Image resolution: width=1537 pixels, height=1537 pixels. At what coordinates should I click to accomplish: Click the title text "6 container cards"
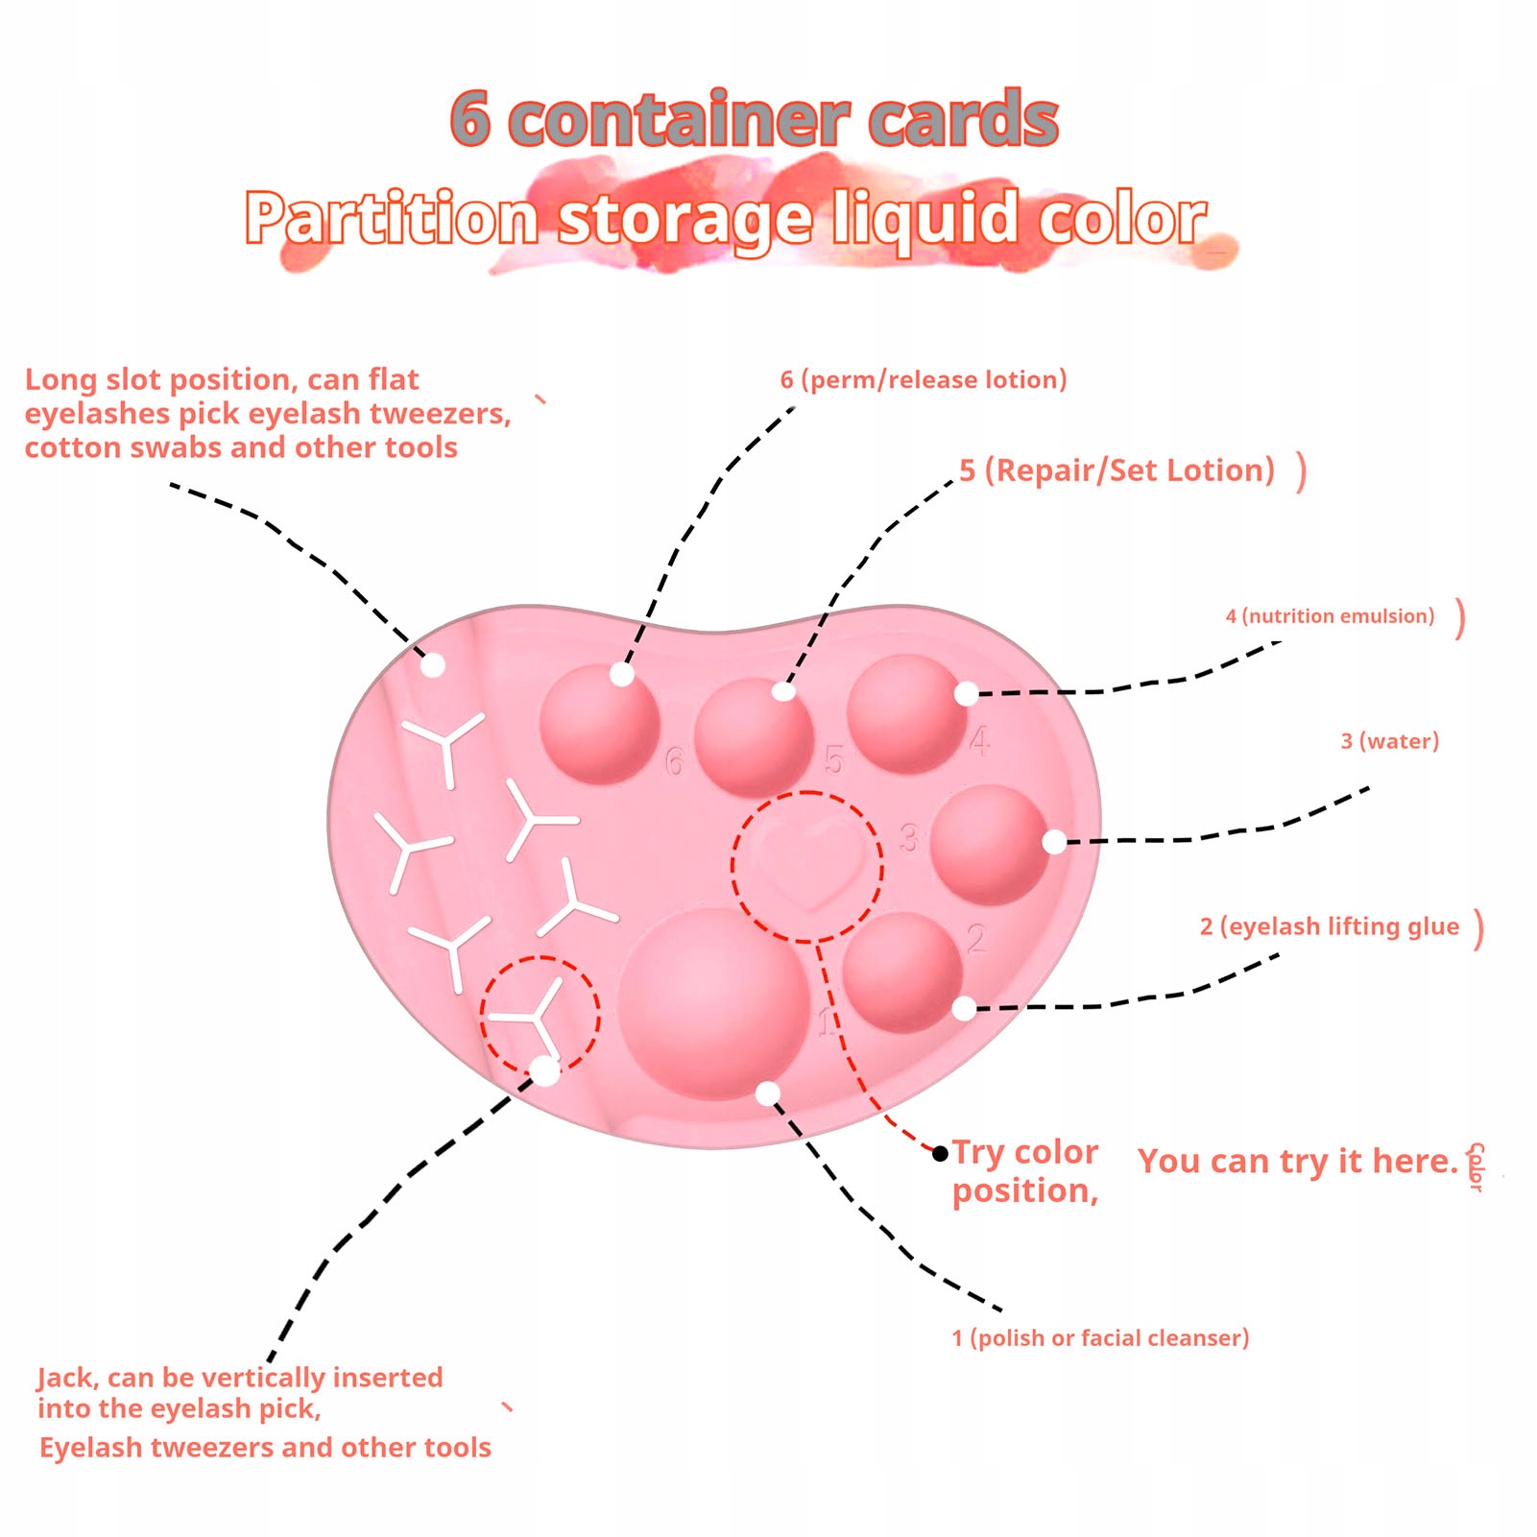755,119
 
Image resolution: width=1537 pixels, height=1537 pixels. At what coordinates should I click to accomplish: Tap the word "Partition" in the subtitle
391,218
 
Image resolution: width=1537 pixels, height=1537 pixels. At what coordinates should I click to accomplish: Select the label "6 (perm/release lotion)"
924,380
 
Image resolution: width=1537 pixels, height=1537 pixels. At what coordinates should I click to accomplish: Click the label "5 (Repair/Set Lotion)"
1117,470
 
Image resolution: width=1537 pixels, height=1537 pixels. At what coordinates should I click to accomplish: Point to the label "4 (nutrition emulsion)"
1330,616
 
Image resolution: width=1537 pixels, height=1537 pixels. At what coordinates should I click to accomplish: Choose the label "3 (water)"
1390,741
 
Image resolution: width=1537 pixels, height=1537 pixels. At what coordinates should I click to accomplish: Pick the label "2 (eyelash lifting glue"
1330,926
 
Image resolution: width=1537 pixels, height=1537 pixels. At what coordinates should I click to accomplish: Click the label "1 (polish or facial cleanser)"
1100,1338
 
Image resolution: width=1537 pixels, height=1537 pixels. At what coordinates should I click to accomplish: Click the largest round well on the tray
713,1004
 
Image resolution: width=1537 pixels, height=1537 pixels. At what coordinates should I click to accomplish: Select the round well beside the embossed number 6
600,723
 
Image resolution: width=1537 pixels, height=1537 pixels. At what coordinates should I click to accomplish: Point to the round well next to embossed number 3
990,845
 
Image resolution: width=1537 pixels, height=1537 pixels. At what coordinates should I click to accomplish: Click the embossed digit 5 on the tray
833,760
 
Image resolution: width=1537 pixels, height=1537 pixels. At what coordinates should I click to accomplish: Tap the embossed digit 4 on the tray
979,741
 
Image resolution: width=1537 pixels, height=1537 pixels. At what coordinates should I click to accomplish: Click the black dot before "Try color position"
940,1153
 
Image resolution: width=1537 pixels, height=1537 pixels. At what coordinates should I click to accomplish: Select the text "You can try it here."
1298,1162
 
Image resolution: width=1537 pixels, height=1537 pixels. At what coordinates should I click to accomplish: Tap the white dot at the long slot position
433,664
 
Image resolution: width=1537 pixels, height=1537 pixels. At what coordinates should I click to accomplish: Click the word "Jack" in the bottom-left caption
66,1379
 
